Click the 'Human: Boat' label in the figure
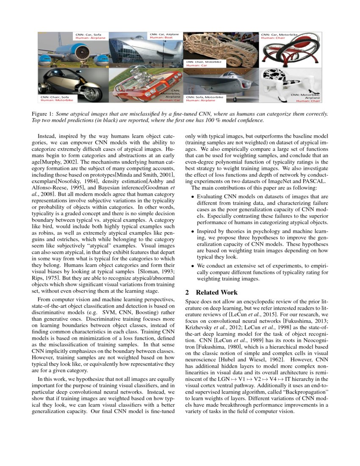pyautogui.click(x=158, y=37)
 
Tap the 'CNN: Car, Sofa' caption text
pyautogui.click(x=89, y=34)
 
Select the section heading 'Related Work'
pyautogui.click(x=217, y=292)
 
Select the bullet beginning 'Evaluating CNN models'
pyautogui.click(x=263, y=197)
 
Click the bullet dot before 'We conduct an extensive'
pyautogui.click(x=193, y=266)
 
